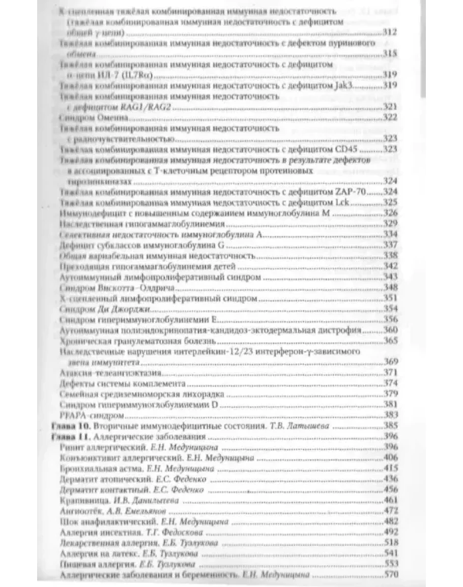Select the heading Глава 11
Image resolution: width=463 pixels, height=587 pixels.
click(x=71, y=437)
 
